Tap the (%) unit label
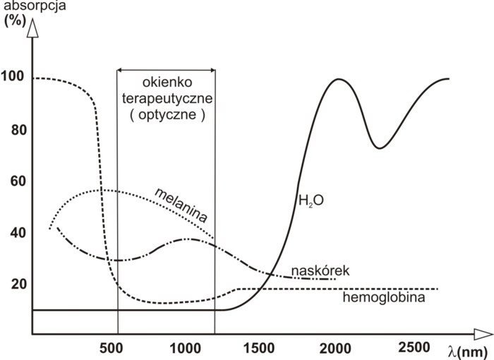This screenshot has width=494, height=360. [13, 20]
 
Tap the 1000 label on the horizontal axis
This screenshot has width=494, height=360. [186, 347]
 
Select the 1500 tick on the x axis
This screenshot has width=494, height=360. [261, 347]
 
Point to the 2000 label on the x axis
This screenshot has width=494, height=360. [335, 347]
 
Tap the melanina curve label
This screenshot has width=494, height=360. [182, 205]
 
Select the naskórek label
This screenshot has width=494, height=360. [320, 270]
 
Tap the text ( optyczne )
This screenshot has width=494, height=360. [167, 114]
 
